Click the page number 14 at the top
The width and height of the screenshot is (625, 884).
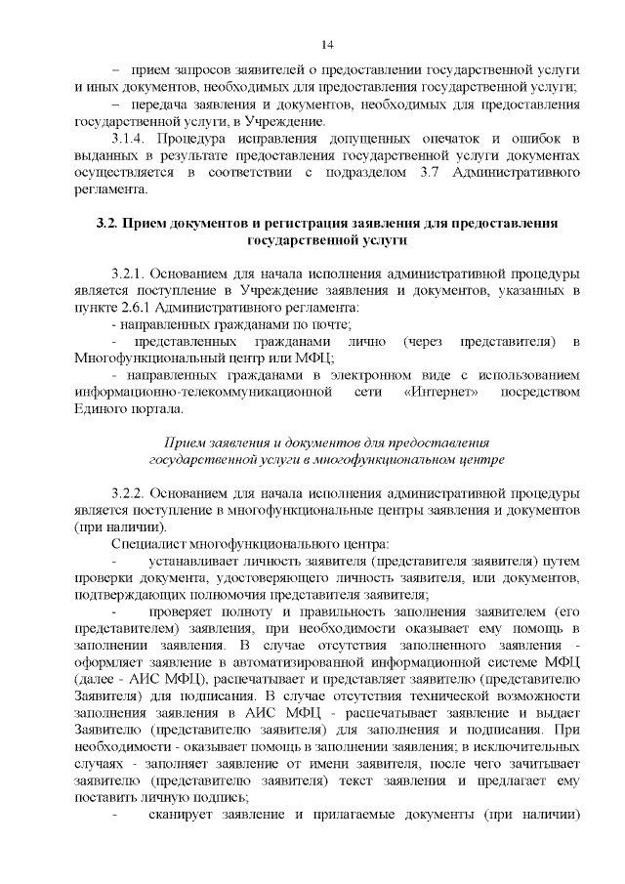coord(327,45)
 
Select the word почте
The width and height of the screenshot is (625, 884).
coord(332,323)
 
